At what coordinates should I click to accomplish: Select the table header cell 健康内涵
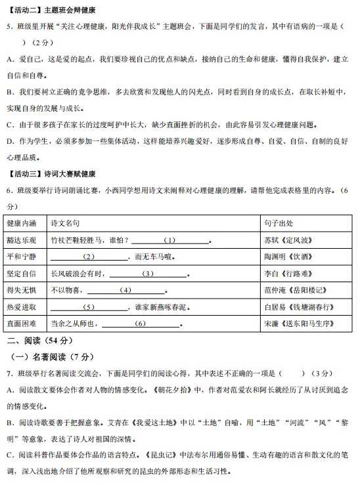(22, 223)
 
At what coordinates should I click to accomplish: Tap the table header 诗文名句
(66, 223)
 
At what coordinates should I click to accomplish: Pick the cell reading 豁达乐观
(22, 240)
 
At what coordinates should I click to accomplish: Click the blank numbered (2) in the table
(89, 257)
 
